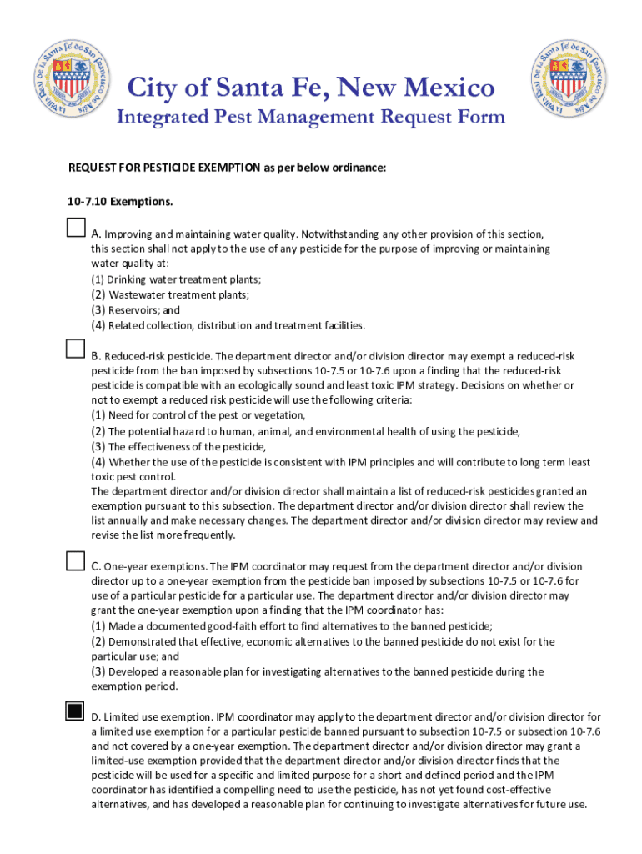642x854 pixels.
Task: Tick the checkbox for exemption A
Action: pos(75,228)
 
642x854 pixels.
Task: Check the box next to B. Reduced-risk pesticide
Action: pos(75,349)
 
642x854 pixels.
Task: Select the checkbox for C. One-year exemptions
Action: pos(75,560)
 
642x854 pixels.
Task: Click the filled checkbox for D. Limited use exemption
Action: pos(75,711)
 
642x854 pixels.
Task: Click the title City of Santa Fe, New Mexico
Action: pos(310,88)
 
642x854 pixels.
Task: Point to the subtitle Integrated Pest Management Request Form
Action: pos(310,117)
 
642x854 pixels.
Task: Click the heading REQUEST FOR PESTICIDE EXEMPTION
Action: pos(227,168)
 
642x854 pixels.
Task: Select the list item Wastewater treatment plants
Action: pos(170,294)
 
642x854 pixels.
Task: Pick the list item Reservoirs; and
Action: pos(135,309)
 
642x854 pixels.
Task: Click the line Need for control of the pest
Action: pos(198,415)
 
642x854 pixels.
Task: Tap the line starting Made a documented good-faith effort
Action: pos(291,626)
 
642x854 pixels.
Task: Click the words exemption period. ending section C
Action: pos(123,686)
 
